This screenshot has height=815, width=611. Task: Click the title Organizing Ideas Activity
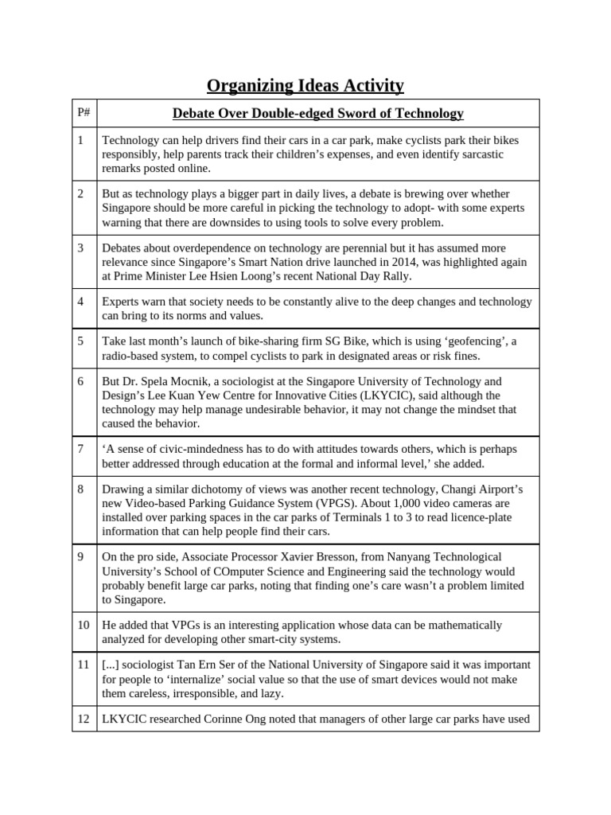(x=305, y=85)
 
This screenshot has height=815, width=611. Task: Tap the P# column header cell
(x=84, y=113)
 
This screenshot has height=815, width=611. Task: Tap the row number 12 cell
(x=84, y=719)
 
